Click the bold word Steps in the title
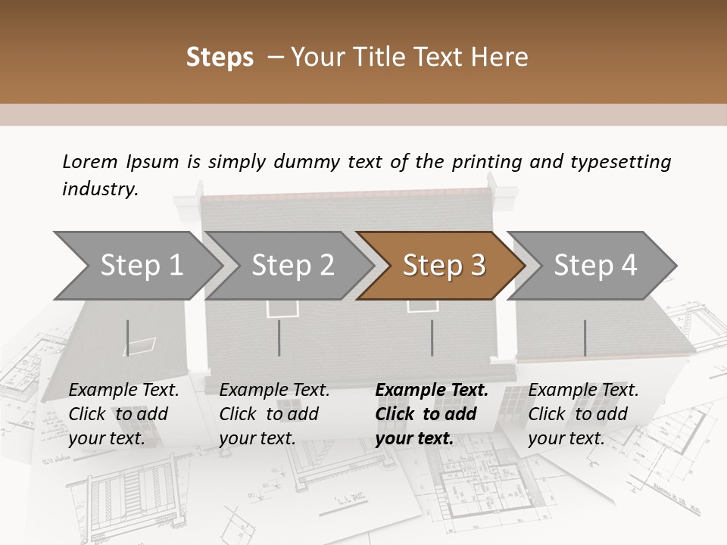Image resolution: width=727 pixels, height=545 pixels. (x=220, y=58)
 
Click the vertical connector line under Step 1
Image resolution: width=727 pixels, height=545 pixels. (x=128, y=338)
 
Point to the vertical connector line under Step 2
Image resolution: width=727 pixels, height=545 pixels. (x=279, y=338)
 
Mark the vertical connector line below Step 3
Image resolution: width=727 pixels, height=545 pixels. (x=432, y=338)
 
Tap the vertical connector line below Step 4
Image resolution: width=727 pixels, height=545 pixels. (x=585, y=338)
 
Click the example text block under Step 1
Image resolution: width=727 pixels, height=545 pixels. (x=123, y=414)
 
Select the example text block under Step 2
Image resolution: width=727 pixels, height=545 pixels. (x=274, y=414)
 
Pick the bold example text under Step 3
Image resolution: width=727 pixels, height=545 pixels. (x=432, y=414)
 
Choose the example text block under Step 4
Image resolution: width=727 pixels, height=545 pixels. (x=583, y=414)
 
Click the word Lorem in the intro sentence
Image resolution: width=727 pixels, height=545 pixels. (x=90, y=161)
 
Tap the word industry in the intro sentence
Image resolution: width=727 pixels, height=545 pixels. (x=99, y=189)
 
